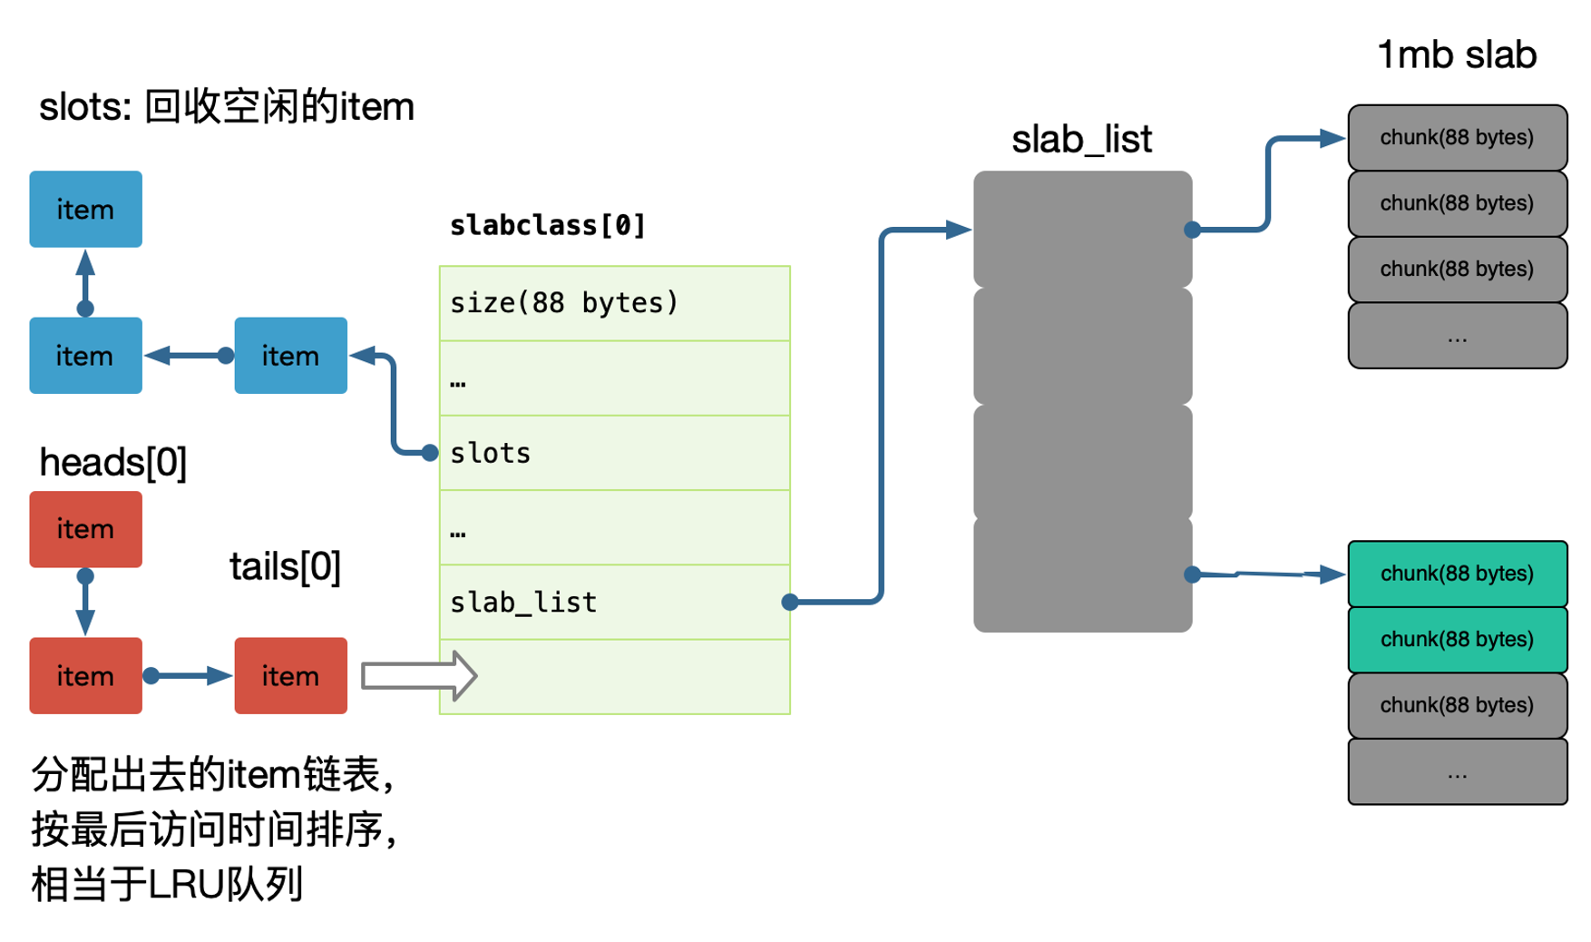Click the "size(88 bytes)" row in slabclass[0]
click(x=614, y=303)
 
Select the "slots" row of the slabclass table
click(x=614, y=453)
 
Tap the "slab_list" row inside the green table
click(x=614, y=602)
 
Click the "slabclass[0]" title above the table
click(x=547, y=225)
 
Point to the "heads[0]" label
click(x=113, y=462)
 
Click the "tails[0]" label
click(x=285, y=566)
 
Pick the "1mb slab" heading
click(x=1457, y=54)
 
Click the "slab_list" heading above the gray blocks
click(x=1081, y=139)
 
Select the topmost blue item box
click(x=85, y=209)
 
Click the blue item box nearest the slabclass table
click(x=290, y=355)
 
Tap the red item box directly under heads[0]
click(x=85, y=529)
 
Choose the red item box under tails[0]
click(x=290, y=675)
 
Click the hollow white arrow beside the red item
click(x=419, y=676)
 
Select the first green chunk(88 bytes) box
click(x=1457, y=574)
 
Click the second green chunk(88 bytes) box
click(x=1457, y=640)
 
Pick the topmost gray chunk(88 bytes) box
click(x=1457, y=138)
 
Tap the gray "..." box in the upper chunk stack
click(x=1457, y=336)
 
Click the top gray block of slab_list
click(x=1082, y=230)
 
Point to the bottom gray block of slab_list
click(x=1082, y=574)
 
